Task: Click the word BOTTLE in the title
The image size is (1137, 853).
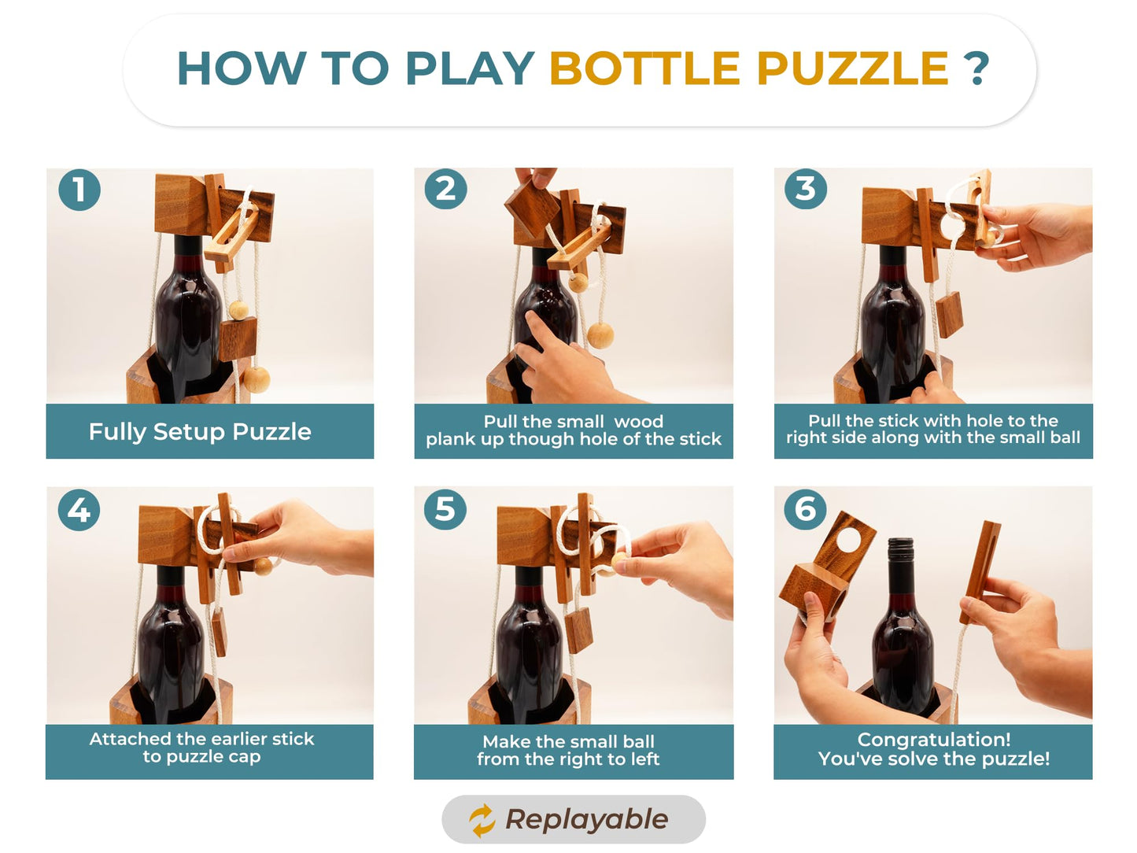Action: (644, 68)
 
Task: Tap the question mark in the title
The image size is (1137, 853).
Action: (976, 68)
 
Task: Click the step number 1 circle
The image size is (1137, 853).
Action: (79, 190)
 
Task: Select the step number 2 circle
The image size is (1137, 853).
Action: (445, 190)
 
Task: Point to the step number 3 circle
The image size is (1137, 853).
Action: (805, 189)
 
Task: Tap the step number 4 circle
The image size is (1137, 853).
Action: (79, 510)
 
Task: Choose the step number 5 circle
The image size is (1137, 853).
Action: (445, 509)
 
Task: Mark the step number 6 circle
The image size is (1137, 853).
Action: (805, 509)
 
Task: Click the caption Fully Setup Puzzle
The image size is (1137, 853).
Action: (200, 431)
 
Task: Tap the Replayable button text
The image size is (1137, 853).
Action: (586, 819)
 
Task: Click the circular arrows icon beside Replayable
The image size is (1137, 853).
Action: (482, 820)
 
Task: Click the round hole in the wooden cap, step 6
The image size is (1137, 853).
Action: (848, 540)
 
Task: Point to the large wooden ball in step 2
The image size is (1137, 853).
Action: (600, 334)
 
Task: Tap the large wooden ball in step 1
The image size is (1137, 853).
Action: (256, 379)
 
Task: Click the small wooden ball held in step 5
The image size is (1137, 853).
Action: (621, 559)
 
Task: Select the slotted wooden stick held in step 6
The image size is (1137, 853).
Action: (984, 571)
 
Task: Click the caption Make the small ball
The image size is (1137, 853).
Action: (568, 741)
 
